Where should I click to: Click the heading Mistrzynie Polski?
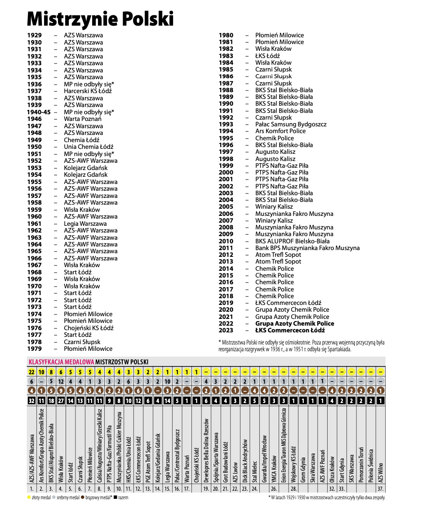(100, 18)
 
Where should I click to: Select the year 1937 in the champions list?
(35, 91)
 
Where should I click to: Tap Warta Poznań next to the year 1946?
(83, 119)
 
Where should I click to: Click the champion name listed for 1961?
(85, 224)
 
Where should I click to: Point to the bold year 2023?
(226, 330)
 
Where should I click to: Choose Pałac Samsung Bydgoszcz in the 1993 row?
(291, 124)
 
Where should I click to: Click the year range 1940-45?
(39, 112)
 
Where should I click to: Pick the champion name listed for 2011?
(307, 248)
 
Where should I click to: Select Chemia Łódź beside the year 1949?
(82, 140)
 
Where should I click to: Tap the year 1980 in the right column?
(226, 35)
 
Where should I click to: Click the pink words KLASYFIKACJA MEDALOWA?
(61, 362)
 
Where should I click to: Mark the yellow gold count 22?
(31, 372)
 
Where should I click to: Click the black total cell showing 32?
(31, 400)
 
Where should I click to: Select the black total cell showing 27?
(61, 400)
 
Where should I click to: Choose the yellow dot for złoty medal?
(29, 498)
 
